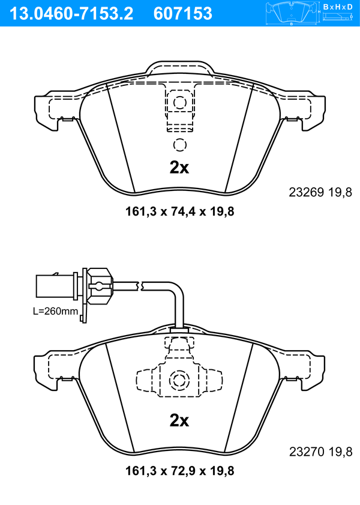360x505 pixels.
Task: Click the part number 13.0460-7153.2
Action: point(71,13)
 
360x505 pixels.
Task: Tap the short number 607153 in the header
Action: point(183,13)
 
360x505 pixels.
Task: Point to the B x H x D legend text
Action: point(338,7)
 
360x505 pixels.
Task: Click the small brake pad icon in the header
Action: point(292,13)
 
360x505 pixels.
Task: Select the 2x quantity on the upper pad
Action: point(179,168)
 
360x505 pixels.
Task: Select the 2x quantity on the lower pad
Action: point(179,420)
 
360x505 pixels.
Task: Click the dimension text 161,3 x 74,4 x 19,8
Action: point(179,211)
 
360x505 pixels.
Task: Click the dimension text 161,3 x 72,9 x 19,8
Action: point(179,471)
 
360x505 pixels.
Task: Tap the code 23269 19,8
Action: point(320,192)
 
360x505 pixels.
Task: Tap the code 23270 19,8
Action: point(320,452)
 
